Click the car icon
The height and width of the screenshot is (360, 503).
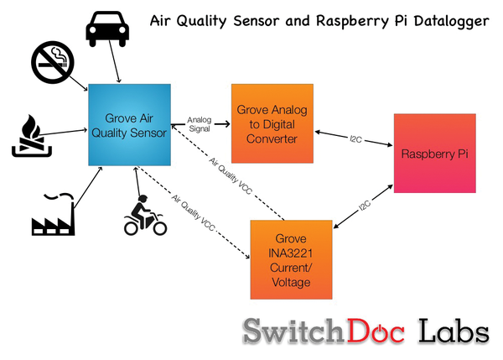click(107, 29)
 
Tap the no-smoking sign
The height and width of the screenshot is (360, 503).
click(53, 62)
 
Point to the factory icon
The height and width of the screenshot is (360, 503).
click(54, 214)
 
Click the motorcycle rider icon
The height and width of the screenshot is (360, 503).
click(145, 215)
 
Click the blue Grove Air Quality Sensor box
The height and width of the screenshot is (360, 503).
click(130, 125)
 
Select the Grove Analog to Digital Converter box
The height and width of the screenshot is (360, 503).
click(272, 123)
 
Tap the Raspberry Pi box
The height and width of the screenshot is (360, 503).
click(434, 154)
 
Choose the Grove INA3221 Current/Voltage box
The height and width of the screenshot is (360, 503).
click(291, 260)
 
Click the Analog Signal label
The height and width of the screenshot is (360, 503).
click(200, 124)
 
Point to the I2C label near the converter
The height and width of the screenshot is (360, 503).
click(355, 139)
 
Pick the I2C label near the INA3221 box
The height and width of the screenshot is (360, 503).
click(365, 206)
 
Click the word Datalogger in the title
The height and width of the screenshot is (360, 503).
click(452, 22)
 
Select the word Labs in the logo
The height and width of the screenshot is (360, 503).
click(454, 331)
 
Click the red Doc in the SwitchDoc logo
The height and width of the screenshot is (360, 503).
click(376, 331)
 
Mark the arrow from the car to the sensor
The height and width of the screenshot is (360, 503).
click(115, 61)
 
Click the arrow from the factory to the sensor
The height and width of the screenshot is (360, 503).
click(87, 187)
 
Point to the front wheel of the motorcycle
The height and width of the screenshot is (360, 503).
click(159, 228)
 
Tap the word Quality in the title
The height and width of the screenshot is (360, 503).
click(202, 22)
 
